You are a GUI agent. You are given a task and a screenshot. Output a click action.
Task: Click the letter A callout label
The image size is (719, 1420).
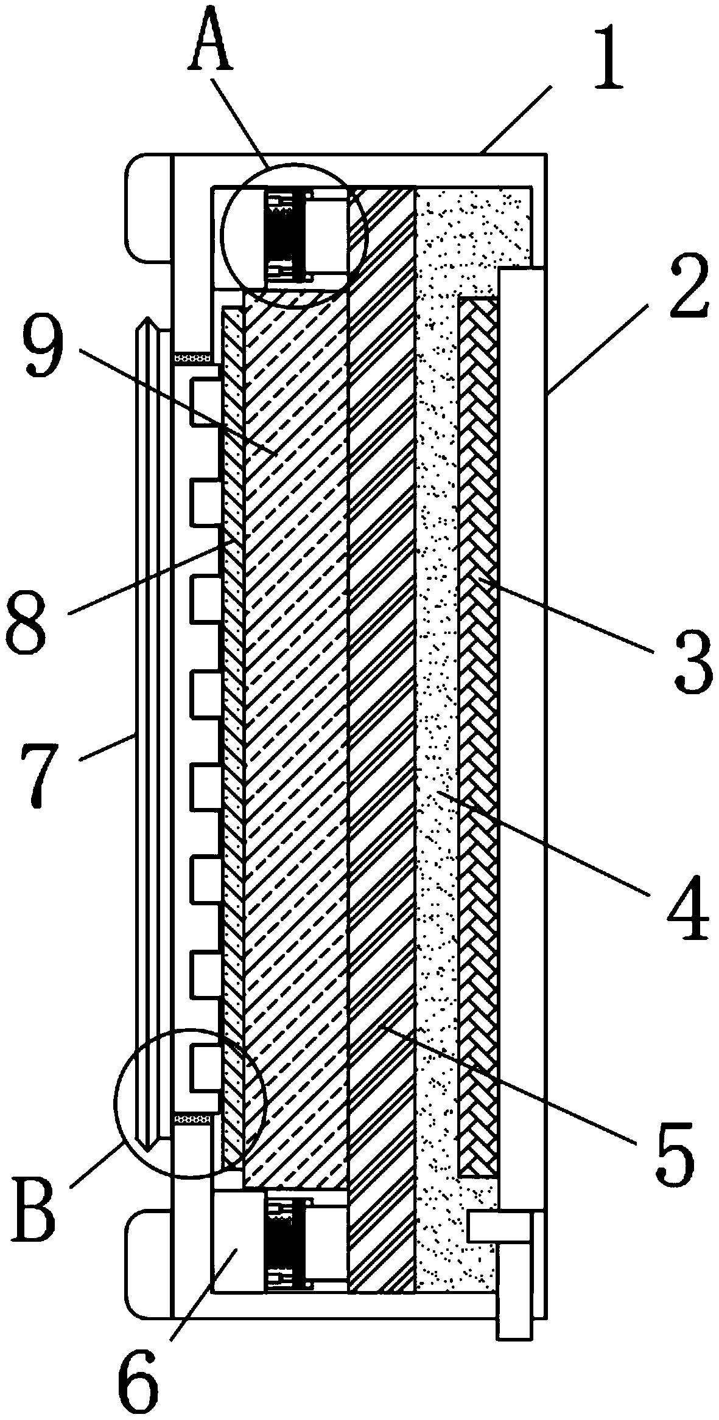(212, 41)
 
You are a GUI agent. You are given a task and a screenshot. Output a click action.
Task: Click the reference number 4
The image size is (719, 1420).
(687, 907)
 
